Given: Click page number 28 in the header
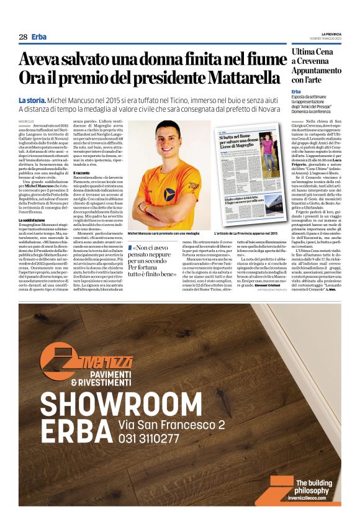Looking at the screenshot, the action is point(22,37).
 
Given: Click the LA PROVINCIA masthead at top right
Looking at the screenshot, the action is point(330,34).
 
